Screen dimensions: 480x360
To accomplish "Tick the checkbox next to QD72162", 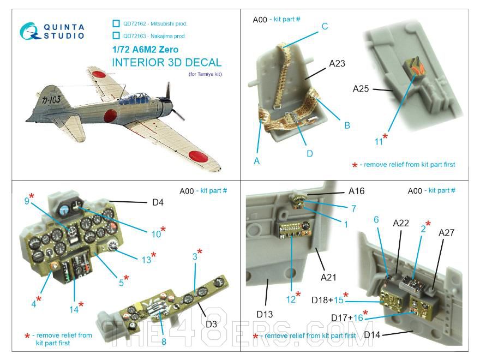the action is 116,23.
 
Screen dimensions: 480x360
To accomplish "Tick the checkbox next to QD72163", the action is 116,36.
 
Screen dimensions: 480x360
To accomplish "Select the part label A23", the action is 337,63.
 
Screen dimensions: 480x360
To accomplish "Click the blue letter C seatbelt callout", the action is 324,26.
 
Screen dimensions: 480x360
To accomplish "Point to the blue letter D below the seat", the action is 309,153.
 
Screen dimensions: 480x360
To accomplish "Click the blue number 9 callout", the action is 27,200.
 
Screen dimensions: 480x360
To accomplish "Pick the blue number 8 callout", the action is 163,342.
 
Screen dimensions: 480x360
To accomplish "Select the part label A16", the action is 356,191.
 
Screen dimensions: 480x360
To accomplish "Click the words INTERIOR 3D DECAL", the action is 166,62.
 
